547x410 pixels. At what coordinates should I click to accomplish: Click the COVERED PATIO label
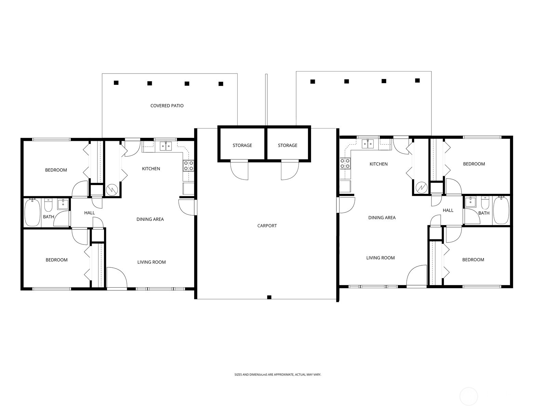[167, 106]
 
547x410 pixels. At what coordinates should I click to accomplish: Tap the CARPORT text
[267, 226]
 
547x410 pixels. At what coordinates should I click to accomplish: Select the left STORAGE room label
[242, 145]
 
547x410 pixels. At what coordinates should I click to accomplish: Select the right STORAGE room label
[288, 145]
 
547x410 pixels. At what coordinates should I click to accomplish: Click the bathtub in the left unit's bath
[32, 213]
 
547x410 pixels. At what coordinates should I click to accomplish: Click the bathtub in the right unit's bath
[501, 210]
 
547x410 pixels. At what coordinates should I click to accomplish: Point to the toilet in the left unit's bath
[48, 206]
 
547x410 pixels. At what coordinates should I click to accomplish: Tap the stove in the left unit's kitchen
[188, 166]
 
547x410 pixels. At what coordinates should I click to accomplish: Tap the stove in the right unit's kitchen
[345, 163]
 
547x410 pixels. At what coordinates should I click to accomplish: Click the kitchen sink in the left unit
[166, 146]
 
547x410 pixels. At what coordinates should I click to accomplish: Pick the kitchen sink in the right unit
[368, 144]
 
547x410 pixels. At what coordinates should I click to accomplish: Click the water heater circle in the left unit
[111, 189]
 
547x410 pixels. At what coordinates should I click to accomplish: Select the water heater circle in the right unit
[421, 187]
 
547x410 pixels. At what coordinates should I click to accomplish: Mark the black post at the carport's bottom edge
[269, 297]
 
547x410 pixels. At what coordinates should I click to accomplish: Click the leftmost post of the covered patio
[116, 83]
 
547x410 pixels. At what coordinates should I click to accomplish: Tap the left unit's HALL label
[90, 213]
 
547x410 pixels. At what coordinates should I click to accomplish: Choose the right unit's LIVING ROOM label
[381, 258]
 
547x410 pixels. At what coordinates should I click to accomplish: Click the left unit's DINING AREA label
[150, 219]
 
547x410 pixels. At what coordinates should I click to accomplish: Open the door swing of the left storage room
[239, 170]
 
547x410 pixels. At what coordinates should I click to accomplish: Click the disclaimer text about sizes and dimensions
[278, 375]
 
